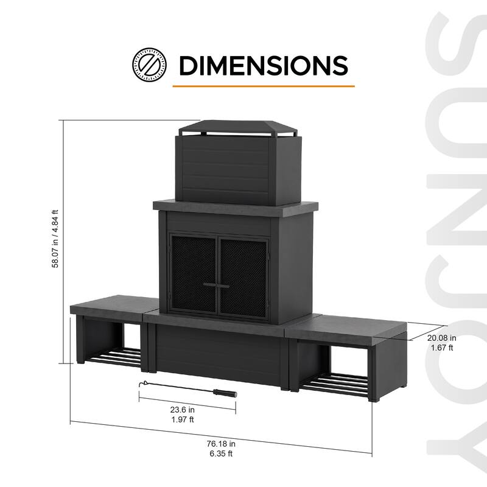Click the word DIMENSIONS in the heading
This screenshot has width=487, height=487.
pyautogui.click(x=263, y=65)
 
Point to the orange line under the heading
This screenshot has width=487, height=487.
pyautogui.click(x=263, y=86)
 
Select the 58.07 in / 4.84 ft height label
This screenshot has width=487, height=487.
pyautogui.click(x=55, y=241)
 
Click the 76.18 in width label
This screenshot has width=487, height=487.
pyautogui.click(x=221, y=443)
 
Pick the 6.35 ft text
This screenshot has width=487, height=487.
pyautogui.click(x=221, y=454)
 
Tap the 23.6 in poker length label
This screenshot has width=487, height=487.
pyautogui.click(x=183, y=410)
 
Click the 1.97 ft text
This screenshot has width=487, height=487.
pyautogui.click(x=183, y=420)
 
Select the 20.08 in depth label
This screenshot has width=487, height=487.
pyautogui.click(x=441, y=338)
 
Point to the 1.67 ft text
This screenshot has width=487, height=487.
pyautogui.click(x=441, y=348)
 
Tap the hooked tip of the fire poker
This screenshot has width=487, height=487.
pyautogui.click(x=142, y=383)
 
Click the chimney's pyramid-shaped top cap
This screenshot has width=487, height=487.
pyautogui.click(x=236, y=127)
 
